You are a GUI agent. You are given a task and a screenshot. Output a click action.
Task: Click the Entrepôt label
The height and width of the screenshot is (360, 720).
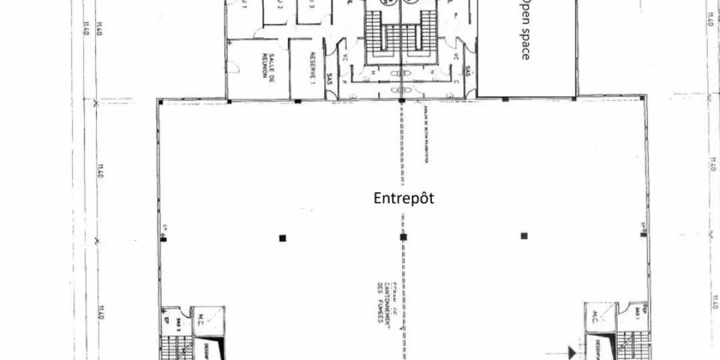coord(404,198)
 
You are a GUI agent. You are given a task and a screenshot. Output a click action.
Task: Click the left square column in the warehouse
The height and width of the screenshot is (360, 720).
coord(283,237)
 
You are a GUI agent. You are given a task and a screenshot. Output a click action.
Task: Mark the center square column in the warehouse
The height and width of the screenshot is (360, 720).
coord(403,237)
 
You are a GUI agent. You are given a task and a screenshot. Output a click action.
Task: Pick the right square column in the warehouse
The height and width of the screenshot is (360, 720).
coord(524,235)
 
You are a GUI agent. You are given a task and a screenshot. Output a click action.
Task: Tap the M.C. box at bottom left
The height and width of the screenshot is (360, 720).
coord(201,319)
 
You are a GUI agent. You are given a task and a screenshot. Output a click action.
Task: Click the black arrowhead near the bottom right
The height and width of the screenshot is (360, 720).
coord(572,348)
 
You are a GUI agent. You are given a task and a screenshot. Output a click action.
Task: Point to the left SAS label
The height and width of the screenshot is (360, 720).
coord(330,79)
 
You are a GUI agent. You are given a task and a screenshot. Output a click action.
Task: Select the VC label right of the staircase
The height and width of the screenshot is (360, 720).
coord(456,57)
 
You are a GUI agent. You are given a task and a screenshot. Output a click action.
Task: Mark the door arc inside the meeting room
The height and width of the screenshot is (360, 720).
coord(235,66)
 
